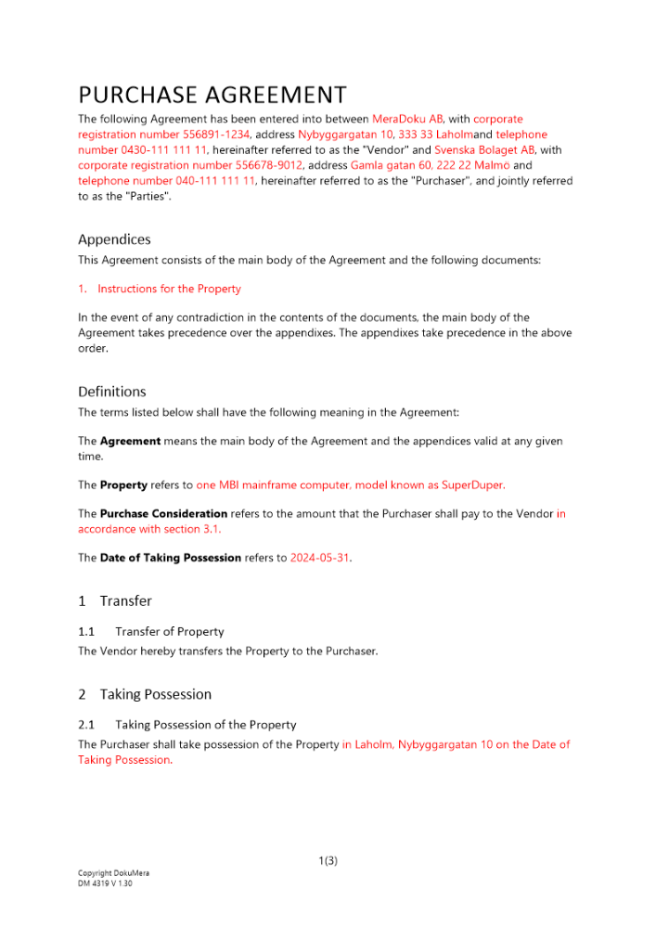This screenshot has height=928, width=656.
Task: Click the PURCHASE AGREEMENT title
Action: click(x=212, y=96)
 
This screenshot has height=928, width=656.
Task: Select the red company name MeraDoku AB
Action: click(x=407, y=119)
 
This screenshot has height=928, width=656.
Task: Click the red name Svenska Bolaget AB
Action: click(x=484, y=149)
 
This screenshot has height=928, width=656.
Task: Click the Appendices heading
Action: click(x=114, y=239)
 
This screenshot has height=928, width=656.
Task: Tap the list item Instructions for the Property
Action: click(x=169, y=289)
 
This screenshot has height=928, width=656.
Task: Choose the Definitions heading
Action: click(x=112, y=392)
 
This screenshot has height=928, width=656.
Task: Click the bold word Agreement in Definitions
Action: click(x=130, y=441)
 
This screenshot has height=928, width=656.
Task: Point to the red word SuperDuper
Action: click(x=474, y=484)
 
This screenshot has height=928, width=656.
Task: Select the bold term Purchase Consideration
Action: click(x=163, y=513)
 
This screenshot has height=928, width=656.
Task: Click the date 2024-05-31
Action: click(x=320, y=558)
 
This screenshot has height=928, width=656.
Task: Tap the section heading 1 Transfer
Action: click(x=115, y=601)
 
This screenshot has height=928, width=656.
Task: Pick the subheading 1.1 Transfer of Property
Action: click(x=151, y=631)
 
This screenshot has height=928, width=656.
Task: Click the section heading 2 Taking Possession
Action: click(x=145, y=694)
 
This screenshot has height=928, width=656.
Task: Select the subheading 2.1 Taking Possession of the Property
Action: click(x=187, y=725)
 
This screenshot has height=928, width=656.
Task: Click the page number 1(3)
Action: click(x=328, y=860)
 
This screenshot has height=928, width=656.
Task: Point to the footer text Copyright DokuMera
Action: click(x=113, y=873)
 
